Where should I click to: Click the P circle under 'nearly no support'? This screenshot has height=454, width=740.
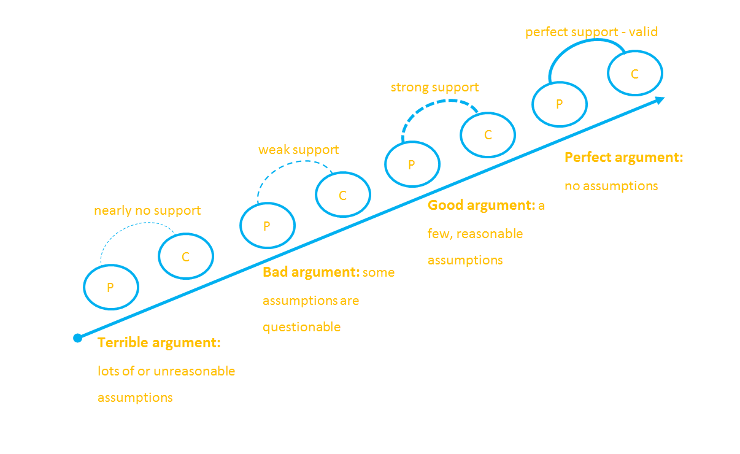(x=111, y=287)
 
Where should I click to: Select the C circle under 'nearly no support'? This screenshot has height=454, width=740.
(x=186, y=256)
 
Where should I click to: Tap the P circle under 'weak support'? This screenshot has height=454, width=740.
(x=267, y=226)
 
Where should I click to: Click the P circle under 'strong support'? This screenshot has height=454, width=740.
(x=412, y=164)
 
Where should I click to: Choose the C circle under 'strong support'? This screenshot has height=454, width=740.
(x=488, y=135)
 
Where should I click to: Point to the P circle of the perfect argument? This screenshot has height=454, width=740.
(x=559, y=104)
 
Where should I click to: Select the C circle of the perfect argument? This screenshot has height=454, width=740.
(x=635, y=74)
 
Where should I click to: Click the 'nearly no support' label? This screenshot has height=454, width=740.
(x=147, y=211)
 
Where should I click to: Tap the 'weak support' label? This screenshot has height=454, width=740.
(x=298, y=150)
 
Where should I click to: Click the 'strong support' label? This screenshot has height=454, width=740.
(x=434, y=88)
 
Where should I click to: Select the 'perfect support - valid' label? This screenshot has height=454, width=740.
(x=592, y=32)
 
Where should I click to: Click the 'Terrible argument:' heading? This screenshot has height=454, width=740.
(x=159, y=343)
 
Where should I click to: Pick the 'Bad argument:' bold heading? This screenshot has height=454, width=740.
(x=311, y=272)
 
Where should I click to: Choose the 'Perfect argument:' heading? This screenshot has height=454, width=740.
(x=623, y=158)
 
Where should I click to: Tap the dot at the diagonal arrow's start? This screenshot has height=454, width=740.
(x=78, y=337)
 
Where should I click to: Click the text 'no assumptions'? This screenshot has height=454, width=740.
(x=611, y=186)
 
